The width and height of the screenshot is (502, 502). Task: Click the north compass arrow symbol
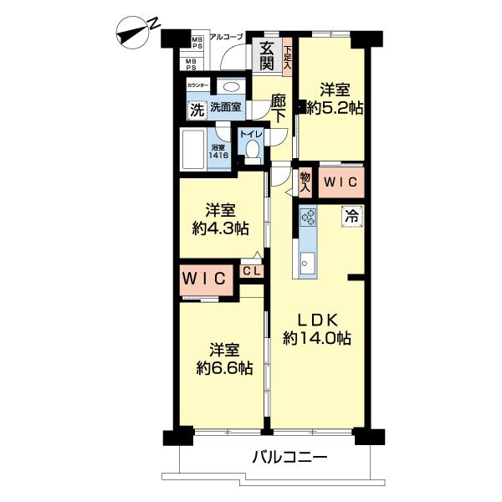pyautogui.click(x=132, y=33)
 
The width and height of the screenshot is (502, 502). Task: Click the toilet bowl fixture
pyautogui.click(x=254, y=150)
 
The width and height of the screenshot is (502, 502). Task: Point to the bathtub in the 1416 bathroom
pyautogui.click(x=195, y=151)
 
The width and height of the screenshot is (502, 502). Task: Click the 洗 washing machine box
pyautogui.click(x=197, y=109)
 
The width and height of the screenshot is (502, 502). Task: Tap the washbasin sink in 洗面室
pyautogui.click(x=230, y=87)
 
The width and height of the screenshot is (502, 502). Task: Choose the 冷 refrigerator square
pyautogui.click(x=351, y=214)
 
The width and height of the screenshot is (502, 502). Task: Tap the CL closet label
pyautogui.click(x=252, y=270)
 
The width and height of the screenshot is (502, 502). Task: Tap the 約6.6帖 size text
pyautogui.click(x=219, y=368)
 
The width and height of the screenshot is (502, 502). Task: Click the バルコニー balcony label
pyautogui.click(x=289, y=458)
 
